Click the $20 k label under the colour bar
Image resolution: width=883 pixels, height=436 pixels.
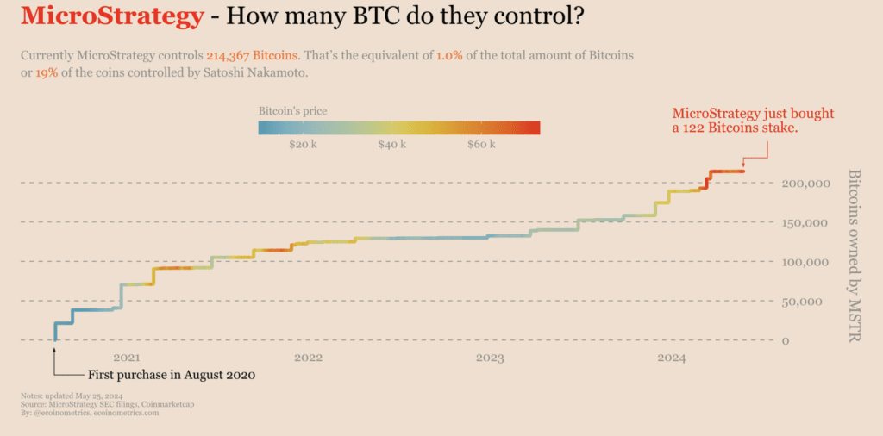coord(303,144)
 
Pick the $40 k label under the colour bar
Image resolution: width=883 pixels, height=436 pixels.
coord(392,144)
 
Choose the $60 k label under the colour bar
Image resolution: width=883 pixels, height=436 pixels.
coord(480,144)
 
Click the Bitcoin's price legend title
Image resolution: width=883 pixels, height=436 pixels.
coord(292,111)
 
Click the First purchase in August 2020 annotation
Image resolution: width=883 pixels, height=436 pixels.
coord(172,376)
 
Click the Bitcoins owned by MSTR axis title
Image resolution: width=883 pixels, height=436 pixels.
coord(854,255)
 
